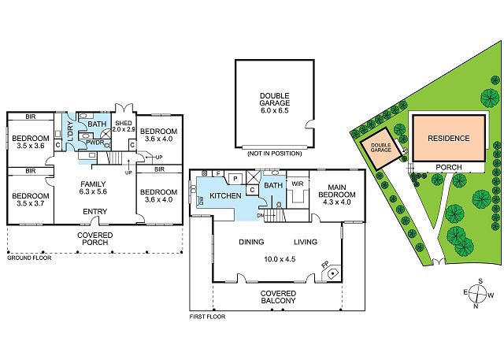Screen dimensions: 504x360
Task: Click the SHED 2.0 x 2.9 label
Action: [124, 126]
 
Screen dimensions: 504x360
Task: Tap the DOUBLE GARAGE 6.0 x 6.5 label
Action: [275, 103]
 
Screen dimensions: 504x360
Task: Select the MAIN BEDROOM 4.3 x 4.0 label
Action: [337, 195]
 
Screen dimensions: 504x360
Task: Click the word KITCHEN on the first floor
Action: [225, 195]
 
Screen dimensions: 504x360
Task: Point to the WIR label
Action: [298, 184]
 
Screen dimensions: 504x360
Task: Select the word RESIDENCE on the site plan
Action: [449, 139]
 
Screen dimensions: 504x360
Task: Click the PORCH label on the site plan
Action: [449, 167]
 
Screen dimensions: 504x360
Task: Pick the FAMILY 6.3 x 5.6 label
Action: [93, 187]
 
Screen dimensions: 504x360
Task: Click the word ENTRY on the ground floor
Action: [94, 211]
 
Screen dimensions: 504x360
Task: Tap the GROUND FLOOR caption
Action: [29, 258]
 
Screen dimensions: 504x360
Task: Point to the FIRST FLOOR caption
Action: [207, 317]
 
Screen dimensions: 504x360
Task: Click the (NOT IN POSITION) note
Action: [275, 154]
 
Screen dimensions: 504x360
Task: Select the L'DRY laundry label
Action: [71, 132]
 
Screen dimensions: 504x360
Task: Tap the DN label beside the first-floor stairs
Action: [260, 215]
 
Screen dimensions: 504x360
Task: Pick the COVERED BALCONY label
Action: [278, 297]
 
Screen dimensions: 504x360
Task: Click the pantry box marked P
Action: [235, 178]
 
